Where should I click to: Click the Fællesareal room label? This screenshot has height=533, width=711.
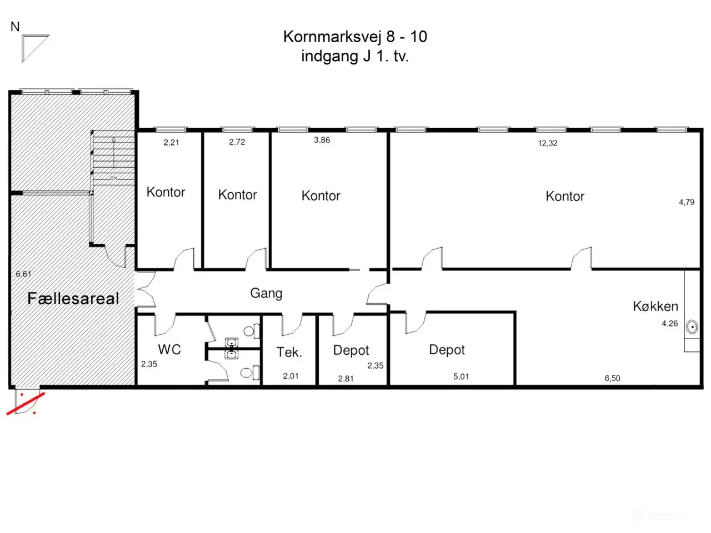click(x=73, y=298)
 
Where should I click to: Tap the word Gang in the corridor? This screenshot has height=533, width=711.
click(x=266, y=294)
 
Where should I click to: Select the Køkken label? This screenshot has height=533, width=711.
click(x=655, y=306)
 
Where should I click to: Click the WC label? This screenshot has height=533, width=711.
click(x=169, y=350)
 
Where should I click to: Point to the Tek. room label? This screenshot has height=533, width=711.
click(x=289, y=352)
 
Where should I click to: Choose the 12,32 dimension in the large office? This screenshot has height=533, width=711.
click(x=548, y=143)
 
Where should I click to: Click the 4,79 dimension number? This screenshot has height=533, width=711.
click(x=687, y=202)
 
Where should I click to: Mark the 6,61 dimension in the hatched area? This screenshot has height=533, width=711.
click(x=24, y=274)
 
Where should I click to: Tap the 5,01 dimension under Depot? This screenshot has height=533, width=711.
click(x=460, y=376)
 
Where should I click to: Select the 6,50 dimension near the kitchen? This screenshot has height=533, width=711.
click(x=612, y=378)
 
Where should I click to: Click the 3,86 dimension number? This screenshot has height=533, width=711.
click(x=322, y=140)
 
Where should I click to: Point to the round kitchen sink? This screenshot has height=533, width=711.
click(x=692, y=327)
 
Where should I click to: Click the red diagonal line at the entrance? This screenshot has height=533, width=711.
click(x=26, y=404)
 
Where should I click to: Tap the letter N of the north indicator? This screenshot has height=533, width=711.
click(x=15, y=27)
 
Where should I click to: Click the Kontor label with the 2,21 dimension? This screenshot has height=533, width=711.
click(x=166, y=192)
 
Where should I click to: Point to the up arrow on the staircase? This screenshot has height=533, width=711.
click(x=114, y=153)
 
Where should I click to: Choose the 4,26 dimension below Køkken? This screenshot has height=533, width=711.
click(x=669, y=324)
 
